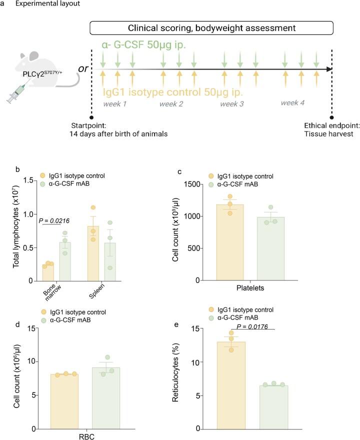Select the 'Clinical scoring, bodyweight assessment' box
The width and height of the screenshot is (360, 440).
(x=212, y=28)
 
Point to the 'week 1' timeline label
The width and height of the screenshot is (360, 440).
(x=115, y=104)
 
